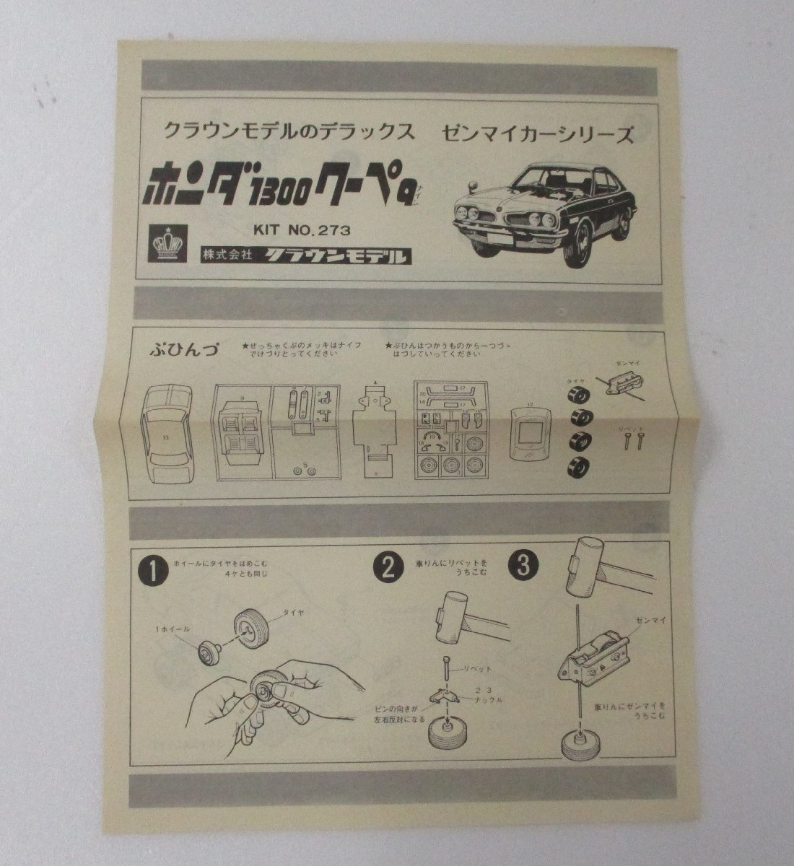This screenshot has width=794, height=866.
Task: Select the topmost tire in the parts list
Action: pyautogui.click(x=580, y=395)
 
